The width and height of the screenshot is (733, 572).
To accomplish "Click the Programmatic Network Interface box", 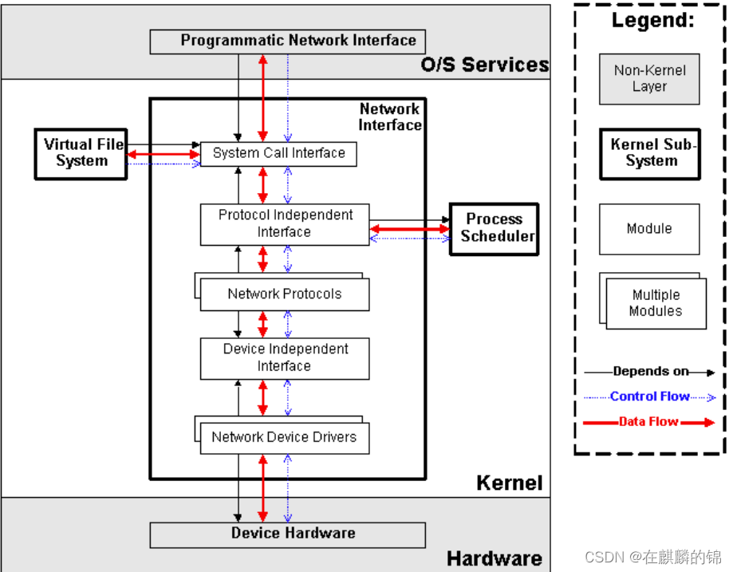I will pyautogui.click(x=288, y=41).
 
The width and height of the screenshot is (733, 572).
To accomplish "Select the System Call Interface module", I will pyautogui.click(x=278, y=153).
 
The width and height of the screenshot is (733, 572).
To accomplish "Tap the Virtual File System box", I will pyautogui.click(x=81, y=153).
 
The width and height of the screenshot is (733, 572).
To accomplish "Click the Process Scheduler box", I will pyautogui.click(x=495, y=228).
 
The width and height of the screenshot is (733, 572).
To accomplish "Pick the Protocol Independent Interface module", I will pyautogui.click(x=284, y=223).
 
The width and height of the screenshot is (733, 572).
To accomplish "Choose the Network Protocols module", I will pyautogui.click(x=284, y=294).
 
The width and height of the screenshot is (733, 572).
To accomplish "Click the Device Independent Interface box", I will pyautogui.click(x=284, y=357).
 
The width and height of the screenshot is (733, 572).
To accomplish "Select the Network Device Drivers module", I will pyautogui.click(x=284, y=437).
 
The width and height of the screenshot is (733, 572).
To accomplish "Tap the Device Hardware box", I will pyautogui.click(x=288, y=534).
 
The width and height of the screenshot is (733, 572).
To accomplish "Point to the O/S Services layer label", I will pyautogui.click(x=485, y=65).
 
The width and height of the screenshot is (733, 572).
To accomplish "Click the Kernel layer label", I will pyautogui.click(x=509, y=483).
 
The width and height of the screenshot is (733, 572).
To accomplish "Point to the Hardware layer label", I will pyautogui.click(x=494, y=558).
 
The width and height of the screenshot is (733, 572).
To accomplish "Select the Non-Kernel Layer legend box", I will pyautogui.click(x=649, y=78).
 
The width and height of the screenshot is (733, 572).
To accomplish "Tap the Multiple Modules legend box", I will pyautogui.click(x=655, y=303).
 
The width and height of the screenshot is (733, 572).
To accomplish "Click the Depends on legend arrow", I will pyautogui.click(x=649, y=372).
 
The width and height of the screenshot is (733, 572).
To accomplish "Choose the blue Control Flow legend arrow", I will pyautogui.click(x=649, y=396).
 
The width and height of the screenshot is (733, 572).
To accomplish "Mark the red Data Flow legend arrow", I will pyautogui.click(x=649, y=422).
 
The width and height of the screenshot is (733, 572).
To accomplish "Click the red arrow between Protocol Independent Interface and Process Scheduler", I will pyautogui.click(x=409, y=230).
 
